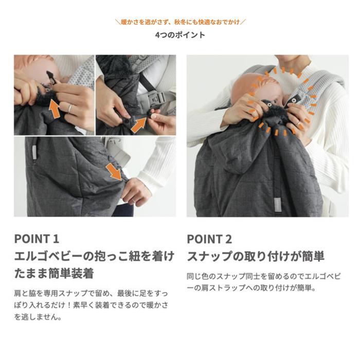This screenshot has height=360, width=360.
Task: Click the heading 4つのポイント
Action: point(180,35)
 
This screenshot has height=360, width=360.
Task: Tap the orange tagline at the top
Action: point(180,23)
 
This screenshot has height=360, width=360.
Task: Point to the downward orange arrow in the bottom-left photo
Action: point(116,172)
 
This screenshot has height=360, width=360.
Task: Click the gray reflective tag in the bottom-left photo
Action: point(34,152)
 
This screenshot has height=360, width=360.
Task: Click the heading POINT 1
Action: point(37,239)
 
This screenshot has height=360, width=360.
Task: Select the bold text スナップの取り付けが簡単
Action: point(256,256)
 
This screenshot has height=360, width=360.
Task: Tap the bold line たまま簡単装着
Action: point(57,272)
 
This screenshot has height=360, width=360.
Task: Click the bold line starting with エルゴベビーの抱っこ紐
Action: point(94,256)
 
